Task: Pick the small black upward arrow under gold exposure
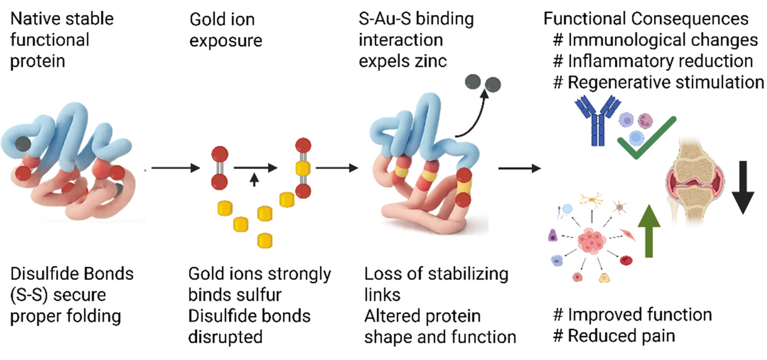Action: (x=254, y=180)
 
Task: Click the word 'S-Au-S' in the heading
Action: (x=385, y=19)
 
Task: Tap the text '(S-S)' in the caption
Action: (x=29, y=295)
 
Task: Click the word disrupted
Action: (x=225, y=337)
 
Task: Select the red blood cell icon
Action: (x=626, y=260)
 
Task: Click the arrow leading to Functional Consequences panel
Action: (x=520, y=168)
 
